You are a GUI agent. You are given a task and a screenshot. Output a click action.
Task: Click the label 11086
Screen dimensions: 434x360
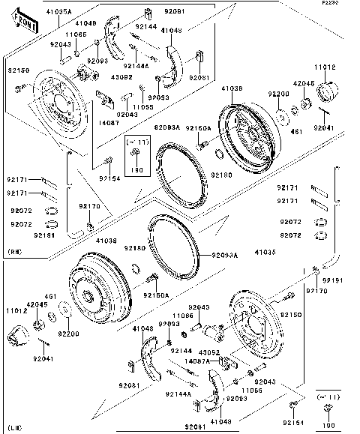pyautogui.click(x=183, y=316)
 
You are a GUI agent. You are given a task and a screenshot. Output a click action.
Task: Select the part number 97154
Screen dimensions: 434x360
pyautogui.click(x=110, y=178)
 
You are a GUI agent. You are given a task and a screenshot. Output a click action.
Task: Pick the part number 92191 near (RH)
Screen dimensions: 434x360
pyautogui.click(x=22, y=235)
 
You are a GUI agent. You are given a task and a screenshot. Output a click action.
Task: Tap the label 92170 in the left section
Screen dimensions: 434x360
pyautogui.click(x=88, y=205)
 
